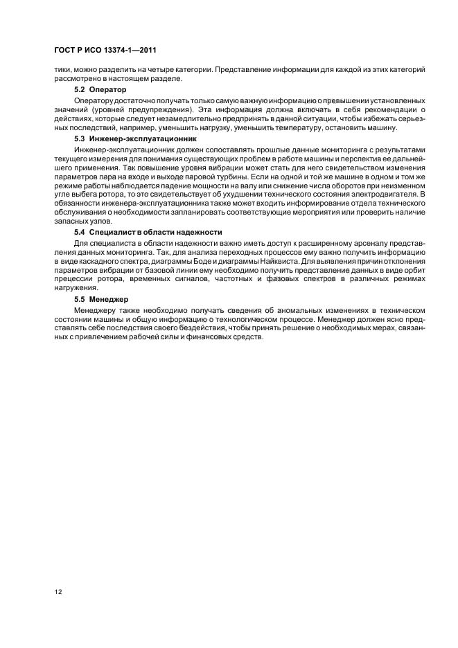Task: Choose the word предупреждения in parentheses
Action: [135, 109]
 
